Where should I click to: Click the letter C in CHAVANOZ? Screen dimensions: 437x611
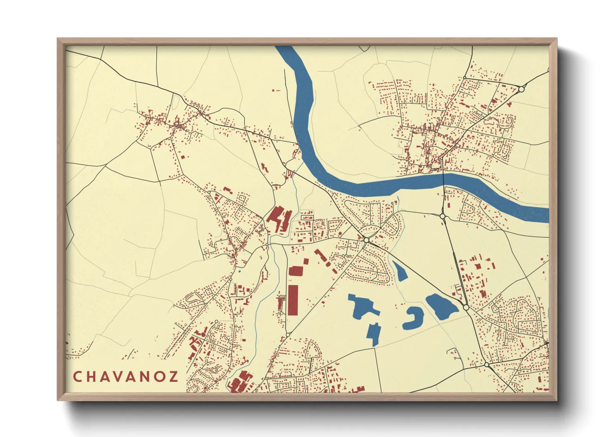(77, 377)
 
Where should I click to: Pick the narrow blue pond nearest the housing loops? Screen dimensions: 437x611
(399, 271)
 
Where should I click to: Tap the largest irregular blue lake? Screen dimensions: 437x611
(362, 306)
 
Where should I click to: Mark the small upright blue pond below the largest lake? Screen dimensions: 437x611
(374, 333)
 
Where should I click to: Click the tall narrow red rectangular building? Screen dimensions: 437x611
(293, 300)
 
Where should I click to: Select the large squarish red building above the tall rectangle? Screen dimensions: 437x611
(296, 271)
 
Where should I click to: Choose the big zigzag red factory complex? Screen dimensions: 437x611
(279, 219)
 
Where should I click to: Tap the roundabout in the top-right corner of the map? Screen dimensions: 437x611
(521, 89)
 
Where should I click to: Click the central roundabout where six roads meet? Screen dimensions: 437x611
(366, 240)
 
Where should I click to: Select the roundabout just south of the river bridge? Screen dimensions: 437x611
(443, 216)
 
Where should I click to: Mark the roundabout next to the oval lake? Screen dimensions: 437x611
(466, 308)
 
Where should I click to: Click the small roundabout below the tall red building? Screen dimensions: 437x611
(288, 334)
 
